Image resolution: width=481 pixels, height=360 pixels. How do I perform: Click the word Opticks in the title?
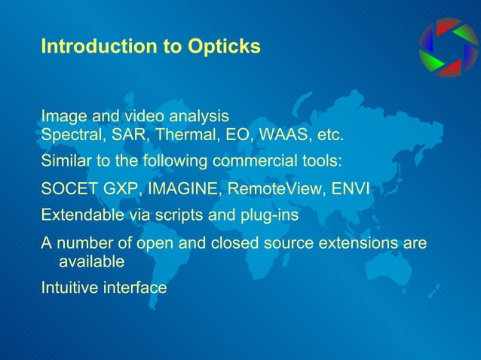click(x=225, y=47)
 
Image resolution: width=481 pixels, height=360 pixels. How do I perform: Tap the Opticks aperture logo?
click(x=449, y=47)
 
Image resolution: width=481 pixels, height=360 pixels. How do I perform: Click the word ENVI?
click(x=351, y=188)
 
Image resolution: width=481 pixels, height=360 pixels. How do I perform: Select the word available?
click(x=91, y=261)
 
